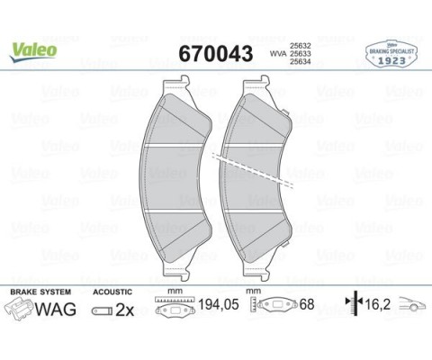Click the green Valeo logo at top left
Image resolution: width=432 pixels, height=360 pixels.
[33, 50]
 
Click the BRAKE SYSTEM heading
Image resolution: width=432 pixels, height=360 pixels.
[39, 292]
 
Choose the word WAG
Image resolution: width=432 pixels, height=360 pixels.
[55, 310]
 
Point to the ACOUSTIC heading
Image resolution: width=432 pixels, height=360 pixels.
[112, 292]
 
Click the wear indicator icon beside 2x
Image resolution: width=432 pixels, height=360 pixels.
[100, 311]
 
